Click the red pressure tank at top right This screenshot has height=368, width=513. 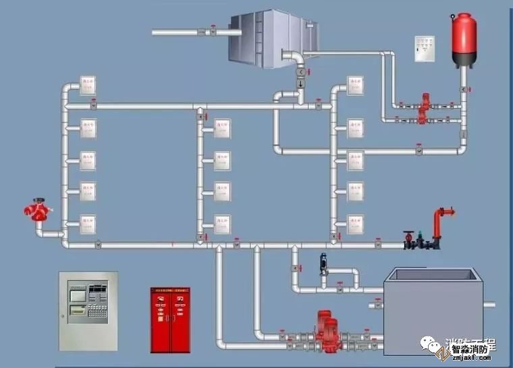pos(464,38)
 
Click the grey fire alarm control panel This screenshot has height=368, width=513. pos(88,311)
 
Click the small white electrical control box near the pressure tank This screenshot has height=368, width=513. pos(425,48)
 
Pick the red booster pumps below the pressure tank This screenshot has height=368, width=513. pos(424,108)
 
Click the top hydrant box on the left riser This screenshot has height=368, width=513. pos(88,85)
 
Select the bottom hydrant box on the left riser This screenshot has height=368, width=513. pos(88,224)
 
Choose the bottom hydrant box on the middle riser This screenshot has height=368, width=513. pos(221,224)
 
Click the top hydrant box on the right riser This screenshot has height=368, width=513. pos(355,85)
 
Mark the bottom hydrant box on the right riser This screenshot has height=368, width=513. pos(355,224)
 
